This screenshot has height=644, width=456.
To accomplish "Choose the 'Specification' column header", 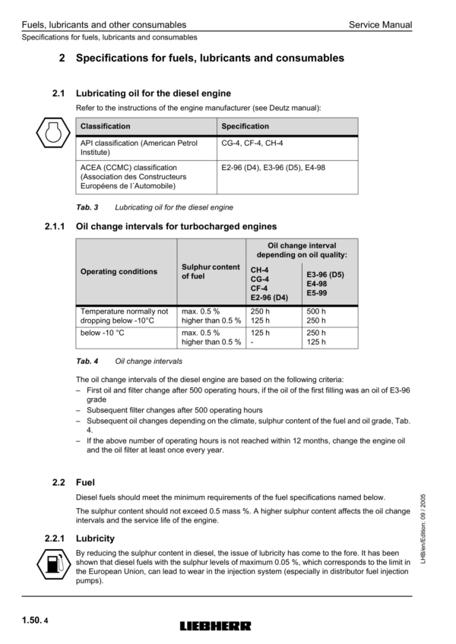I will [x=245, y=126].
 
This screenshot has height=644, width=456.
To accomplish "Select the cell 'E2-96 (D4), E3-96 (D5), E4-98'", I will [x=273, y=167].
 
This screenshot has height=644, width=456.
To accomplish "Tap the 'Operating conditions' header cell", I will [x=119, y=271].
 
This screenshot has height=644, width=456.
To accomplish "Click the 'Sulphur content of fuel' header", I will [x=211, y=271].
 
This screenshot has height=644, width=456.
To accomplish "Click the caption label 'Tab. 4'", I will [x=86, y=361].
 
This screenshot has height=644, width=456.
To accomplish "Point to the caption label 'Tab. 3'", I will [x=86, y=207].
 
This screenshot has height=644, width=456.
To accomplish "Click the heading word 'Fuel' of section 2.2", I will [x=86, y=481].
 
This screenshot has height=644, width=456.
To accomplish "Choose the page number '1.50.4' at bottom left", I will [x=30, y=620].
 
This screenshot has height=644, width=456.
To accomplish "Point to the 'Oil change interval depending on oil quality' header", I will [x=302, y=250].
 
